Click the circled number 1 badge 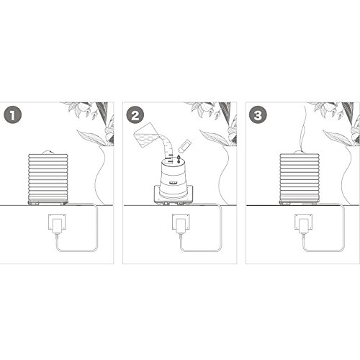click(12, 115)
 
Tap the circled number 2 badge click(135, 115)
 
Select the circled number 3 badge click(258, 115)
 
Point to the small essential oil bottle click(185, 146)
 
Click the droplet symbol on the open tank click(179, 158)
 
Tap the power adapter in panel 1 click(57, 225)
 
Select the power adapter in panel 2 click(181, 225)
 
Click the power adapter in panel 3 click(304, 225)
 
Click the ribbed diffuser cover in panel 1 click(48, 178)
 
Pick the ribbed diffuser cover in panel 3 click(300, 178)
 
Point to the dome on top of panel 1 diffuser click(48, 153)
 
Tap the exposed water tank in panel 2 click(173, 178)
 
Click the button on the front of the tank click(174, 183)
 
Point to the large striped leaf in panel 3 click(338, 138)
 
